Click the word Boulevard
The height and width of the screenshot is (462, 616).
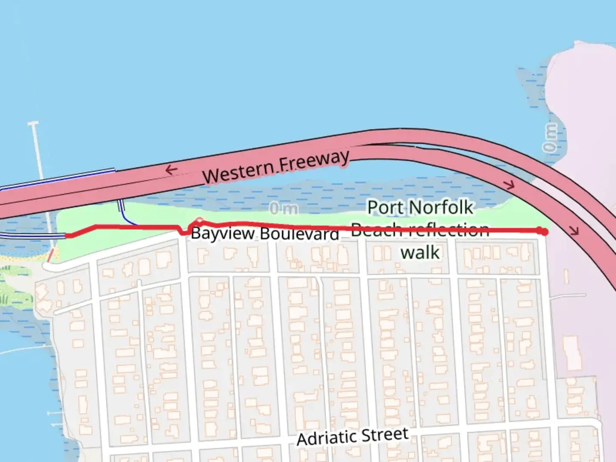click(x=299, y=234)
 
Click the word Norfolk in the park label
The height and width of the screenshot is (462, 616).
click(x=441, y=208)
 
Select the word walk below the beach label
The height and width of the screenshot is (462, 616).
click(x=420, y=252)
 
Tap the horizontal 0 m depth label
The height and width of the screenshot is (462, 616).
click(x=284, y=209)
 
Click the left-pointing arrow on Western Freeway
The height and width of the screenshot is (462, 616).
click(x=171, y=170)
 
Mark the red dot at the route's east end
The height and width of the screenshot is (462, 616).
click(x=544, y=231)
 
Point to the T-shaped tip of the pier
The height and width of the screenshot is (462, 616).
click(x=33, y=124)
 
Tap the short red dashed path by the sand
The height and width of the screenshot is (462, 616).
click(x=50, y=255)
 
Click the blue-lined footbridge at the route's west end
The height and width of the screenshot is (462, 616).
click(x=32, y=236)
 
